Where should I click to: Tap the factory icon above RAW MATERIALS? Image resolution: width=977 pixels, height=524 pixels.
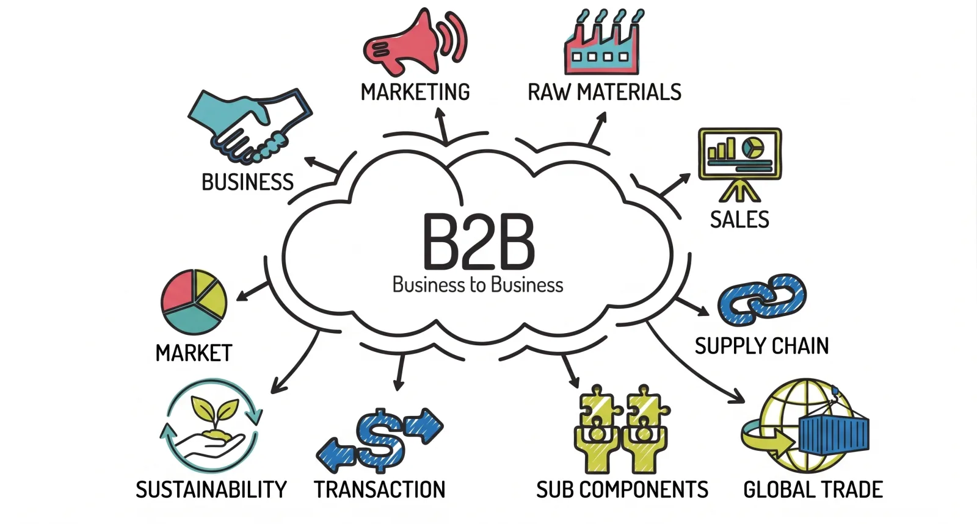click(602, 43)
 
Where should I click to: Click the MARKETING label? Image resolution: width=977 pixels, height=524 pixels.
click(415, 92)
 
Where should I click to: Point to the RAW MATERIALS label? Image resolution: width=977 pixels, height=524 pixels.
click(605, 92)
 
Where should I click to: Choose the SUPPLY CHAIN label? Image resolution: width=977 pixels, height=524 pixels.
click(761, 346)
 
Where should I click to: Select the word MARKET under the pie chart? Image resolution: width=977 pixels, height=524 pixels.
click(194, 353)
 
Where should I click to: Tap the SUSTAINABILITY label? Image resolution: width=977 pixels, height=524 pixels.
click(211, 490)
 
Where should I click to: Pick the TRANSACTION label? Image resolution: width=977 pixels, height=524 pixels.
click(379, 490)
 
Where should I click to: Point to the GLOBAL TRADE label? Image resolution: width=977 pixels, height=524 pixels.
click(813, 490)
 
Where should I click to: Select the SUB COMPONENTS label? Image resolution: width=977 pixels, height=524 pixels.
click(622, 490)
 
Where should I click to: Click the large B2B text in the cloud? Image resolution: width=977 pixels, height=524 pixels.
click(479, 242)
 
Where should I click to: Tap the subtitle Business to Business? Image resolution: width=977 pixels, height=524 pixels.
click(478, 285)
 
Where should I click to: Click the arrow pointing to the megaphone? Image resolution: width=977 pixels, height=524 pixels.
click(442, 126)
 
